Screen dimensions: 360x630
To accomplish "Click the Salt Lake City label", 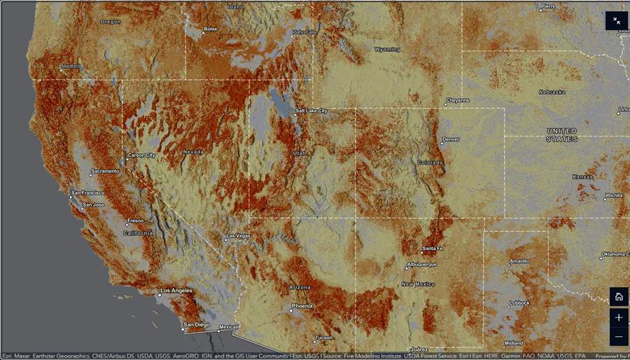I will pos(311,111).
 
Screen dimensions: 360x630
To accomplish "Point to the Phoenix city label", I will pos(302,306).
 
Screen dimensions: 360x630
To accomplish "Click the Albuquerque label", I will pos(421,265).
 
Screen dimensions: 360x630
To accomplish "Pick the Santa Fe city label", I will pos(432,249).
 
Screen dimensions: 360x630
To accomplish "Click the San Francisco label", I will pos(88,193).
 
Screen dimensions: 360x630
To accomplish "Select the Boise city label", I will pos(210,29).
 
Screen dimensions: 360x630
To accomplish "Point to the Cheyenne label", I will pos(458,100).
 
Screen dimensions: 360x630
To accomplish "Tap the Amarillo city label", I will pos(519,261).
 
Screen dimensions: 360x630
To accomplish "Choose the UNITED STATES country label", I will pos(561,135).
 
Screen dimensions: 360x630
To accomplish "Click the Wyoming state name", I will pos(387,50).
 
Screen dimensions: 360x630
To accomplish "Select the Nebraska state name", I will pos(552,92).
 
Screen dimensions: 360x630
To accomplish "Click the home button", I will pos(618,296).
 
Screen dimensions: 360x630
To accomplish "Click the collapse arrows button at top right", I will pos(617,21).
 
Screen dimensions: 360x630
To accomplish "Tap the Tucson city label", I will pos(323,338).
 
